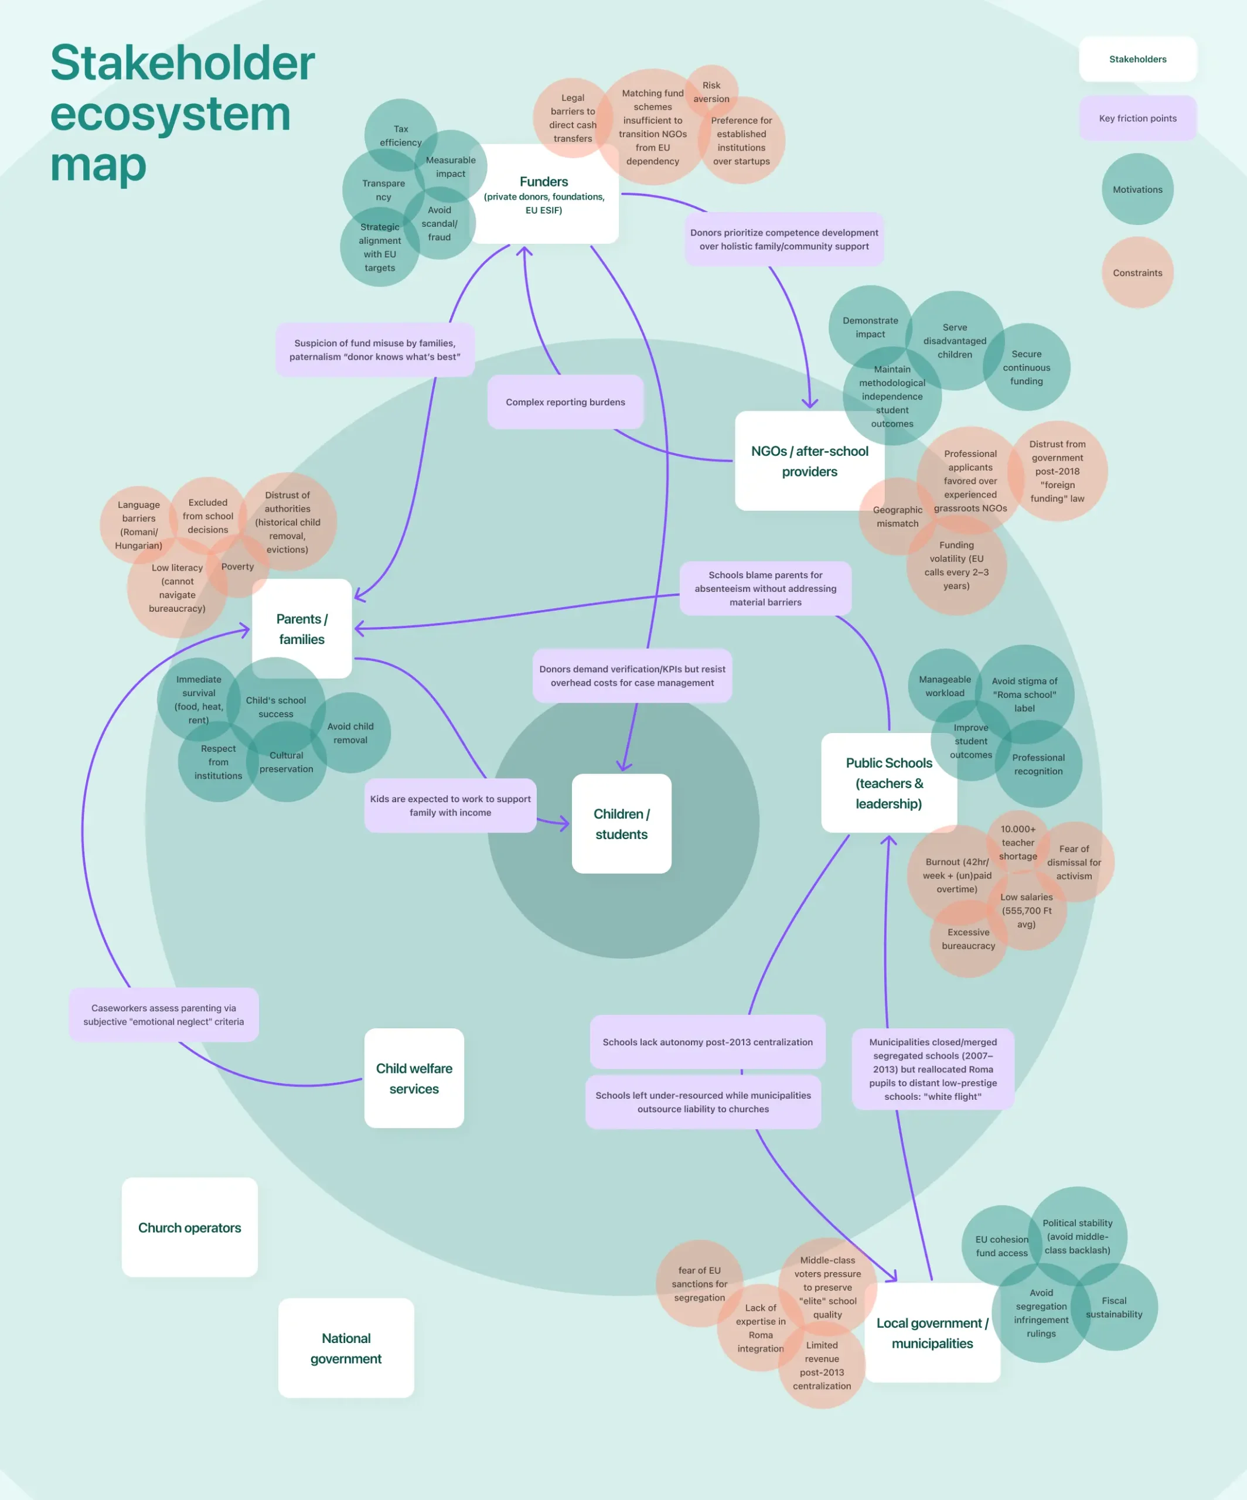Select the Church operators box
[189, 1227]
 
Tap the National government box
[346, 1348]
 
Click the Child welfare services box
[414, 1078]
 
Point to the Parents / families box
[301, 629]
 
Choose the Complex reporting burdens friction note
[565, 402]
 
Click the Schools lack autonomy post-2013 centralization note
[707, 1042]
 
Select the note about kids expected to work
[450, 805]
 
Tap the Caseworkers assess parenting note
[163, 1014]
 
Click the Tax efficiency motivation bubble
[400, 132]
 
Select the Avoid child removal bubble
[350, 733]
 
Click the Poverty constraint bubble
[238, 567]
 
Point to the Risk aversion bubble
[711, 91]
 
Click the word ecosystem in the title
[170, 114]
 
